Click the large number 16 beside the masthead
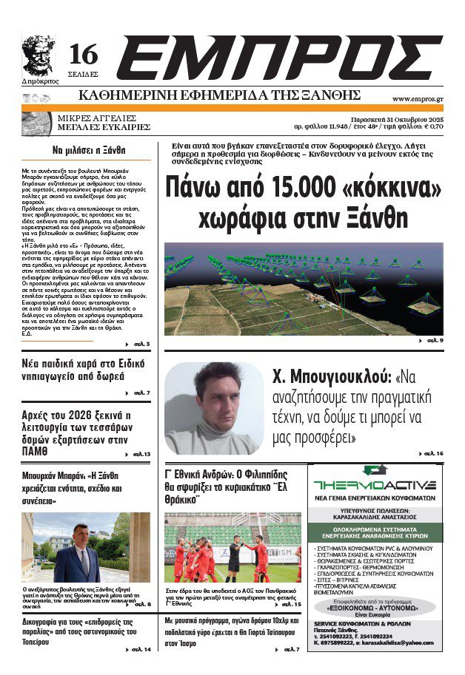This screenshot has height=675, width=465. [x=84, y=54]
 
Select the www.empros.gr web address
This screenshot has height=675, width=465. [x=417, y=98]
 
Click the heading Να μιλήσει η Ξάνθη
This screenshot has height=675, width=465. [x=89, y=149]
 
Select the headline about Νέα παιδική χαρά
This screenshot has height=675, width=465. [x=83, y=370]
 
